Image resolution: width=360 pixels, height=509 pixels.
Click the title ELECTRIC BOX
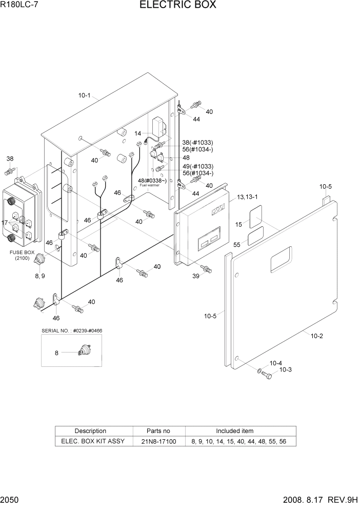(177, 6)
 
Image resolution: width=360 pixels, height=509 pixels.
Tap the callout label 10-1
(84, 95)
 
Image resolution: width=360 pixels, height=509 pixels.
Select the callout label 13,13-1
(248, 198)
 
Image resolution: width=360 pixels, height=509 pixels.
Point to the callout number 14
(138, 133)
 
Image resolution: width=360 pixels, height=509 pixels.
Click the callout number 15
(238, 224)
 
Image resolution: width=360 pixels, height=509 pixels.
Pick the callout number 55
(237, 245)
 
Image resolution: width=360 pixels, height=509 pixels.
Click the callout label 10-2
(316, 336)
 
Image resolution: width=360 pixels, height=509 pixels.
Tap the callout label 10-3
(285, 370)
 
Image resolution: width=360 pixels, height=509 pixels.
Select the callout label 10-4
(276, 363)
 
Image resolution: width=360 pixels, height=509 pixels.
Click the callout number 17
(5, 223)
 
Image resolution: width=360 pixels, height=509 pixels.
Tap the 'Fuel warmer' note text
(149, 185)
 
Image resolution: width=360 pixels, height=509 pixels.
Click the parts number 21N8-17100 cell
(158, 441)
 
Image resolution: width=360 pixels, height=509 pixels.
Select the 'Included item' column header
(234, 431)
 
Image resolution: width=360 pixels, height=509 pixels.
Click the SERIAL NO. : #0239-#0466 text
(72, 330)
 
